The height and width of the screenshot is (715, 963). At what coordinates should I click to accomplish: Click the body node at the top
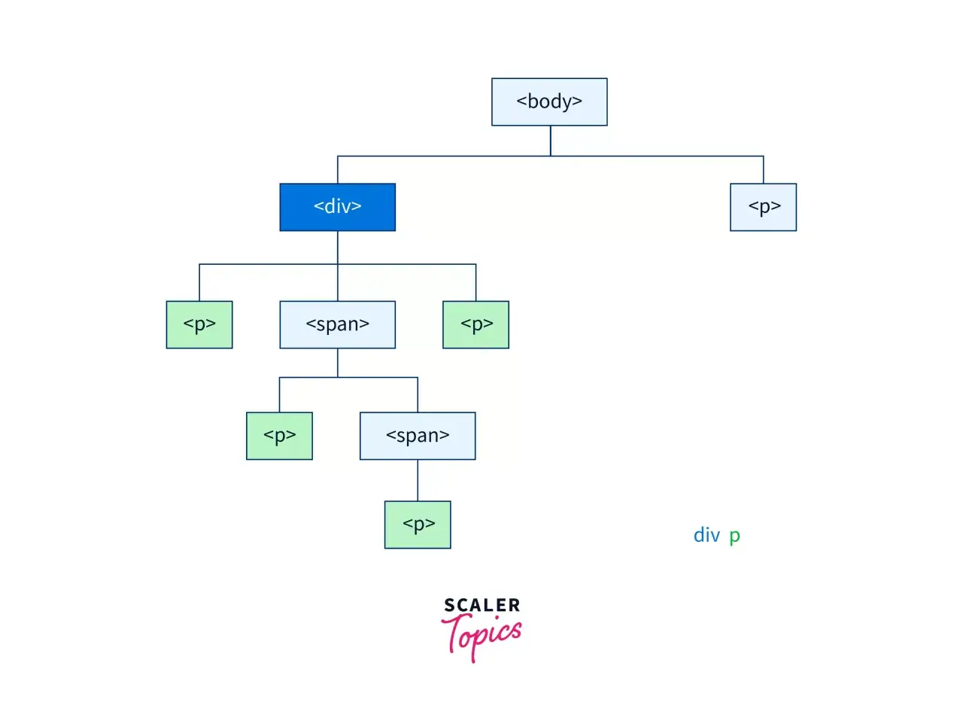coord(549,102)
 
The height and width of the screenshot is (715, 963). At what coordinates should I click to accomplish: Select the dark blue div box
coord(337,207)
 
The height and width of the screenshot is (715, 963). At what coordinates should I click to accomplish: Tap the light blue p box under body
coord(764,207)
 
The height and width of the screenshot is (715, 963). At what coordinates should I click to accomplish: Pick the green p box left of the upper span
coord(199,324)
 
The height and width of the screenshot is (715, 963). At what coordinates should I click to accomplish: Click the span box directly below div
coord(337,324)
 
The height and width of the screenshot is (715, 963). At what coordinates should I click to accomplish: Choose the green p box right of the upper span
coord(475,324)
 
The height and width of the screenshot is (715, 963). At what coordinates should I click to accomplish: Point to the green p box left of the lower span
coord(279,436)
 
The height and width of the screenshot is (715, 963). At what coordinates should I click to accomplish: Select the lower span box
coord(418,436)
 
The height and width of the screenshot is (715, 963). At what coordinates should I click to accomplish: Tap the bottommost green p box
coord(418,525)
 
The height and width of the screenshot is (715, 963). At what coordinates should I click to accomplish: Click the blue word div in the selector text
coord(707,534)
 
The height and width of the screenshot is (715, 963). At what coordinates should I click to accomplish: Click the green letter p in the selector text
coord(734,537)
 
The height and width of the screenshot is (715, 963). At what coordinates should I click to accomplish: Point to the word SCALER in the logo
coord(482,605)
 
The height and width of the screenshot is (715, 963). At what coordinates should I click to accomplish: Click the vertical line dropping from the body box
coord(551,141)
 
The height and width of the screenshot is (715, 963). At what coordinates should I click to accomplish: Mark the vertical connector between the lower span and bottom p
coord(418,480)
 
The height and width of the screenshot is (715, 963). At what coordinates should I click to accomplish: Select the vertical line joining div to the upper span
coord(338,266)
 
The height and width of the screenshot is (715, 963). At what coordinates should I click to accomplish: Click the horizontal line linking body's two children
coord(551,156)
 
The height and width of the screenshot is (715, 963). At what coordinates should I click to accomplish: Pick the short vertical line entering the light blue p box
coord(764,170)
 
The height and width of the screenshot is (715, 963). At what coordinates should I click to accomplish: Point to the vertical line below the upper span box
coord(338,363)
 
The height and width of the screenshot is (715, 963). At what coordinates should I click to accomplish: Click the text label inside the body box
coord(549,102)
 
